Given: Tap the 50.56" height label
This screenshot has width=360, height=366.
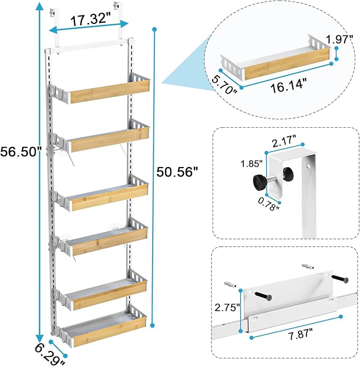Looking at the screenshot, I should pyautogui.click(x=177, y=171).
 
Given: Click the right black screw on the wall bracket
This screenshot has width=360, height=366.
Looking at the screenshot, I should pyautogui.click(x=337, y=277).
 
